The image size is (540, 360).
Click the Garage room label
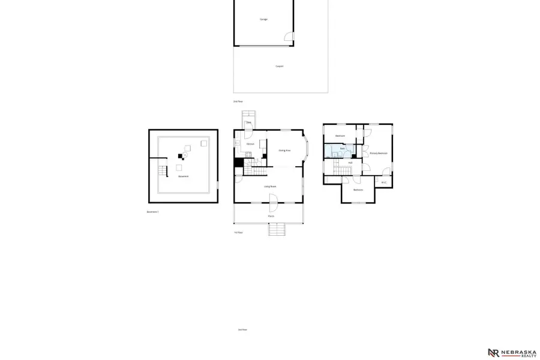click(263, 19)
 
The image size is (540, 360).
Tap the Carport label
click(279, 66)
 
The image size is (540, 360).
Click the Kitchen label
click(250, 144)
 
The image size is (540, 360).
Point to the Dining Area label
click(285, 150)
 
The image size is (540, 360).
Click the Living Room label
click(270, 187)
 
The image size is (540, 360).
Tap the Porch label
click(271, 216)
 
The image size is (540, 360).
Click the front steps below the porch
click(276, 229)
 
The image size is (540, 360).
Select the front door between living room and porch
click(272, 207)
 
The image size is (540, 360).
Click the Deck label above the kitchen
click(248, 122)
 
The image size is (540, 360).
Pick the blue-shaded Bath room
click(339, 150)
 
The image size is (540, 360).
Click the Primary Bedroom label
click(378, 154)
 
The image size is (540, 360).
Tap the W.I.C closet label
click(384, 182)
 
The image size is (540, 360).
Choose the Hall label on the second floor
click(350, 163)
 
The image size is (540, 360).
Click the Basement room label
click(183, 176)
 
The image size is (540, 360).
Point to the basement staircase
click(161, 171)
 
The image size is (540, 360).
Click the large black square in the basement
click(179, 157)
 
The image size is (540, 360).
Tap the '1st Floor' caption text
click(239, 232)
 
